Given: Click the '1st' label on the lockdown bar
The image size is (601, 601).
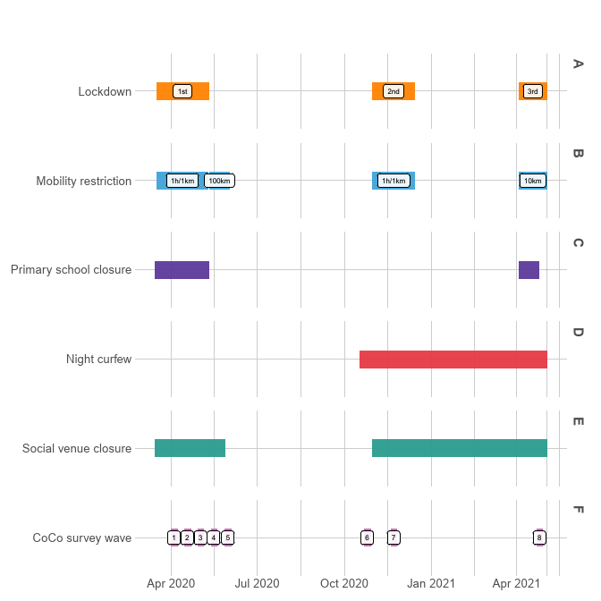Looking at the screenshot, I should pos(182,91).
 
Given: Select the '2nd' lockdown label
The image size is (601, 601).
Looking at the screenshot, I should pos(393,91).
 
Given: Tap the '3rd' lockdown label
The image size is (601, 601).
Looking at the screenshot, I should pos(532,91).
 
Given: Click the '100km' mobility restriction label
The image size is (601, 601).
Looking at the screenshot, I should pos(219,181).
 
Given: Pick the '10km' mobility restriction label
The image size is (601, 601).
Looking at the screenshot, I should pos(532,181).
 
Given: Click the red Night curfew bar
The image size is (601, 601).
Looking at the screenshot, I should pos(453,360).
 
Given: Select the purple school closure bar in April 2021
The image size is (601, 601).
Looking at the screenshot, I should pos(529,270).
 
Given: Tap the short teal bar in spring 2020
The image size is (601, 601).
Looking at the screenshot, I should pos(190,448).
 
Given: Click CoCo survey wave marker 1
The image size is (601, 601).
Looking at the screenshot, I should pos(174,538).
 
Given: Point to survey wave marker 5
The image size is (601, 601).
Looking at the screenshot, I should pos(228,538).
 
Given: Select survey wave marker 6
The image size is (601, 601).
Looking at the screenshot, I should pos(367,538).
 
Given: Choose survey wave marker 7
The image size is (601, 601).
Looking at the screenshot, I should pos(394,538).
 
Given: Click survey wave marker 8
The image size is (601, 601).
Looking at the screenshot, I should pos(538,538).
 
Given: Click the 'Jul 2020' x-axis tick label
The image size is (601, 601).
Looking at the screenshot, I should pos(258,584).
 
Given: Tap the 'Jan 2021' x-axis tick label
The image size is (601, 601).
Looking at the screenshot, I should pos(432,584).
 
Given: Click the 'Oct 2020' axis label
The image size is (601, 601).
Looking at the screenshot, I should pos(344,584).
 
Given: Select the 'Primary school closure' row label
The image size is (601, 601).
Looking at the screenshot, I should pos(71,270).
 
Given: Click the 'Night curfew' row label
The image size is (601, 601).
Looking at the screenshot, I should pos(98,360).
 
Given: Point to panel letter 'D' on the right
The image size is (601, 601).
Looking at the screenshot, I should pos(578,333).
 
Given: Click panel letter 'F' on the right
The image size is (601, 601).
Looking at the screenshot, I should pos(578,511).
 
